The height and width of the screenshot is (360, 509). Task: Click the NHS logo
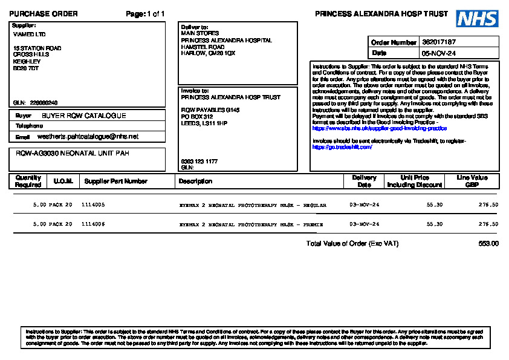pyautogui.click(x=477, y=19)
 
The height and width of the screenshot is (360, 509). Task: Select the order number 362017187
pyautogui.click(x=439, y=42)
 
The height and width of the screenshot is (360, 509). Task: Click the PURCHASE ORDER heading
pyautogui.click(x=44, y=14)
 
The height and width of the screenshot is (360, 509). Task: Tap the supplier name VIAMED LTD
pyautogui.click(x=29, y=34)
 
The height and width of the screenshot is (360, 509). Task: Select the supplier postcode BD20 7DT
pyautogui.click(x=26, y=68)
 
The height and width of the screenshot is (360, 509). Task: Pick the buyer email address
pyautogui.click(x=88, y=137)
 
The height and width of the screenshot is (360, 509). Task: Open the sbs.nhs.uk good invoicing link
pyautogui.click(x=379, y=128)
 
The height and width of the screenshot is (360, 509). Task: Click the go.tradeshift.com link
pyautogui.click(x=342, y=147)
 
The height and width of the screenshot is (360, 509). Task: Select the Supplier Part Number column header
pyautogui.click(x=115, y=181)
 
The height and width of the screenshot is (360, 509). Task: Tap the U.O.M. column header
pyautogui.click(x=63, y=181)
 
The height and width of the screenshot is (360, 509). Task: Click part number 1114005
pyautogui.click(x=93, y=205)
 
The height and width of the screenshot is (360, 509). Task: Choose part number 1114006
pyautogui.click(x=93, y=224)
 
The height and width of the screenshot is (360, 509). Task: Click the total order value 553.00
pyautogui.click(x=488, y=244)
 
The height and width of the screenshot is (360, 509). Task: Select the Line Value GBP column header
pyautogui.click(x=472, y=181)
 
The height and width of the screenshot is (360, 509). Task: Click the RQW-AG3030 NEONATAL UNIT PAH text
pyautogui.click(x=72, y=154)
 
